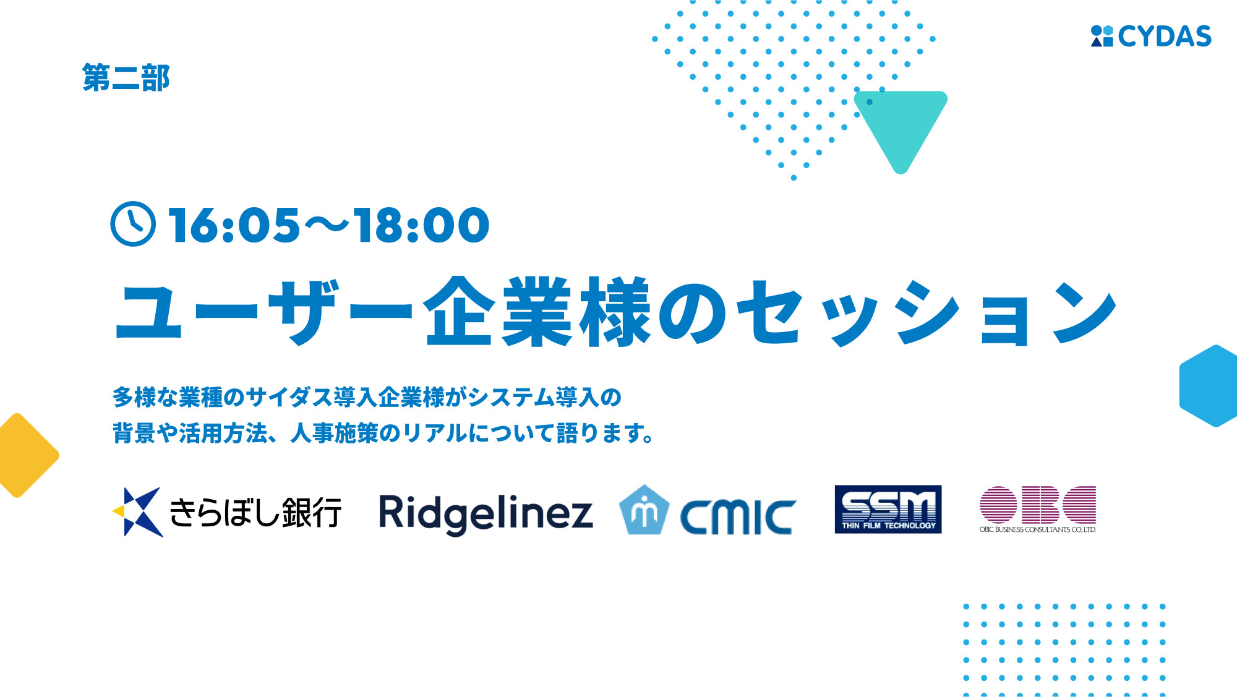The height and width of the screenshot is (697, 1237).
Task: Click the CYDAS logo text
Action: click(1165, 36)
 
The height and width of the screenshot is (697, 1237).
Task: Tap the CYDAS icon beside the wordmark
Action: click(1102, 36)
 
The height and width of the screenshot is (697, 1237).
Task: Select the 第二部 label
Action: click(126, 78)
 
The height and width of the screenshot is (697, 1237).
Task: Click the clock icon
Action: click(133, 224)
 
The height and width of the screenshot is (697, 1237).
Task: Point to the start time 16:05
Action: click(234, 224)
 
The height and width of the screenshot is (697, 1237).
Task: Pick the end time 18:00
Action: click(422, 224)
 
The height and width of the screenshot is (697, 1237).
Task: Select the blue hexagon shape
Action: click(1209, 386)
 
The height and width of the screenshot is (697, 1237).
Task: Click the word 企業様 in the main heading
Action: click(537, 311)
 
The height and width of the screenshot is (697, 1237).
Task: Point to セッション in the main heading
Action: click(927, 312)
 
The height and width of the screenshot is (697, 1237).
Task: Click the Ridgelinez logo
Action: click(486, 514)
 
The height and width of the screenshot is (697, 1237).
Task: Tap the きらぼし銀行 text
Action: click(255, 512)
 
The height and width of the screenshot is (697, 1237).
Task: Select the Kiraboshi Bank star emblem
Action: click(138, 512)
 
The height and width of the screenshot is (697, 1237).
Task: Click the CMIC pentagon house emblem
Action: click(644, 510)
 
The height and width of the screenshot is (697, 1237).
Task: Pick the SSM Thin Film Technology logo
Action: click(888, 509)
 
